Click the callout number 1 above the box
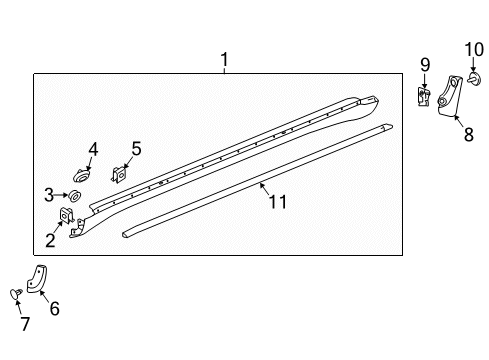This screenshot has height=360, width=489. (x=225, y=59)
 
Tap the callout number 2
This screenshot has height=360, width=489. (x=50, y=240)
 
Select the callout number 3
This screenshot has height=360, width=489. (x=49, y=195)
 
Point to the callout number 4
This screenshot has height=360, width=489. (x=93, y=149)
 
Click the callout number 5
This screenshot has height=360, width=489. (x=136, y=148)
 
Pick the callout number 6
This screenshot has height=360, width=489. (x=55, y=308)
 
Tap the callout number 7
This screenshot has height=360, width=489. (x=25, y=324)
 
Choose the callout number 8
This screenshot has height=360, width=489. (x=469, y=134)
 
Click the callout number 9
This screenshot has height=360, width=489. (x=425, y=65)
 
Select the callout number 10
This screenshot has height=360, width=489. (x=474, y=49)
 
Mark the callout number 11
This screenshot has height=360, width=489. (x=278, y=202)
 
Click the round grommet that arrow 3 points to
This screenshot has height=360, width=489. (x=74, y=195)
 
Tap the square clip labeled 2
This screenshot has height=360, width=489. (x=67, y=215)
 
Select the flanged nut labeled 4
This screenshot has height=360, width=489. (x=81, y=176)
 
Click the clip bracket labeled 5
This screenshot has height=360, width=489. (x=119, y=175)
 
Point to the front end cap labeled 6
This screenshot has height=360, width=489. (x=36, y=279)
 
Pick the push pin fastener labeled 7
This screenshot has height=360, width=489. (x=16, y=294)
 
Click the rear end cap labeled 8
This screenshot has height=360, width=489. (x=450, y=96)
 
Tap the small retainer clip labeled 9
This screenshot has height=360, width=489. (x=423, y=97)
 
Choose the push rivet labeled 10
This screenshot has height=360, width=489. (x=474, y=78)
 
